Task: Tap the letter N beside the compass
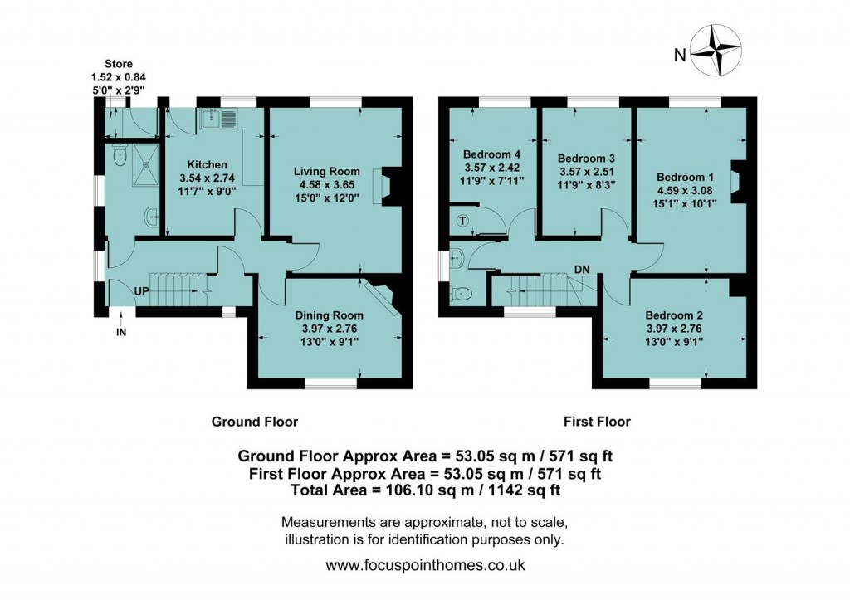679,56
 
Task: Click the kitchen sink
218,121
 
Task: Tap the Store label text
118,64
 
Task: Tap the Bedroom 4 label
491,154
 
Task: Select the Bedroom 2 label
674,315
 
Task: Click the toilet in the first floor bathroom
462,293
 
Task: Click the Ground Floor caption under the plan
254,422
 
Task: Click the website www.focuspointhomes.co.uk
425,565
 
